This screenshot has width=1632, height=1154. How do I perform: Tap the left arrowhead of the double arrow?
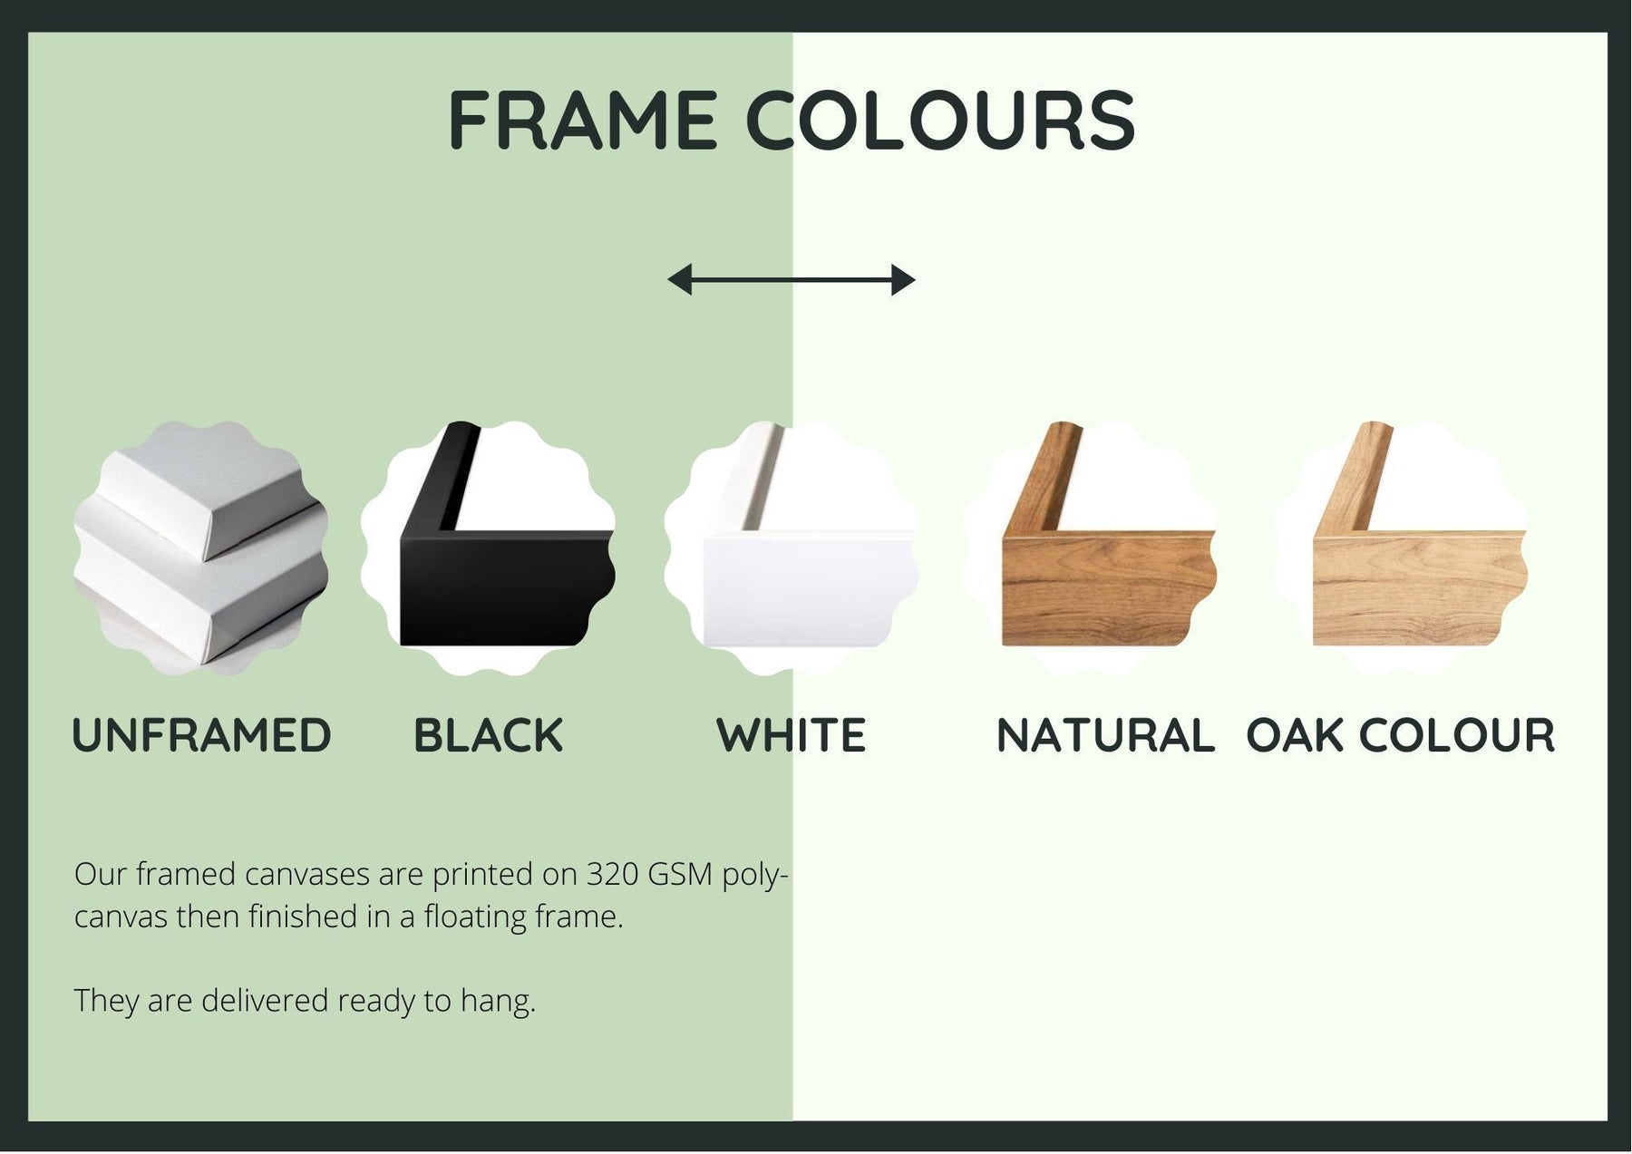tap(679, 280)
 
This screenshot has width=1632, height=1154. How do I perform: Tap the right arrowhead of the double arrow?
tap(903, 280)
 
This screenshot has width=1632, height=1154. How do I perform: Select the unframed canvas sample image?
tap(201, 548)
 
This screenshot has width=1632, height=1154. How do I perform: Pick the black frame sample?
tap(488, 548)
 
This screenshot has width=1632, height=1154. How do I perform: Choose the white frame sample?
tap(791, 548)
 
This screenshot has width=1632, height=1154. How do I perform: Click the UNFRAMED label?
tap(201, 735)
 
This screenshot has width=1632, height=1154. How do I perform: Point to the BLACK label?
tap(488, 735)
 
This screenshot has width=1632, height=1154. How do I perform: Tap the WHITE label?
tap(792, 735)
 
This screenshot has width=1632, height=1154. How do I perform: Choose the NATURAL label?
tap(1105, 735)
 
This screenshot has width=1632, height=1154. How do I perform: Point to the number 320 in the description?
tap(612, 874)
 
